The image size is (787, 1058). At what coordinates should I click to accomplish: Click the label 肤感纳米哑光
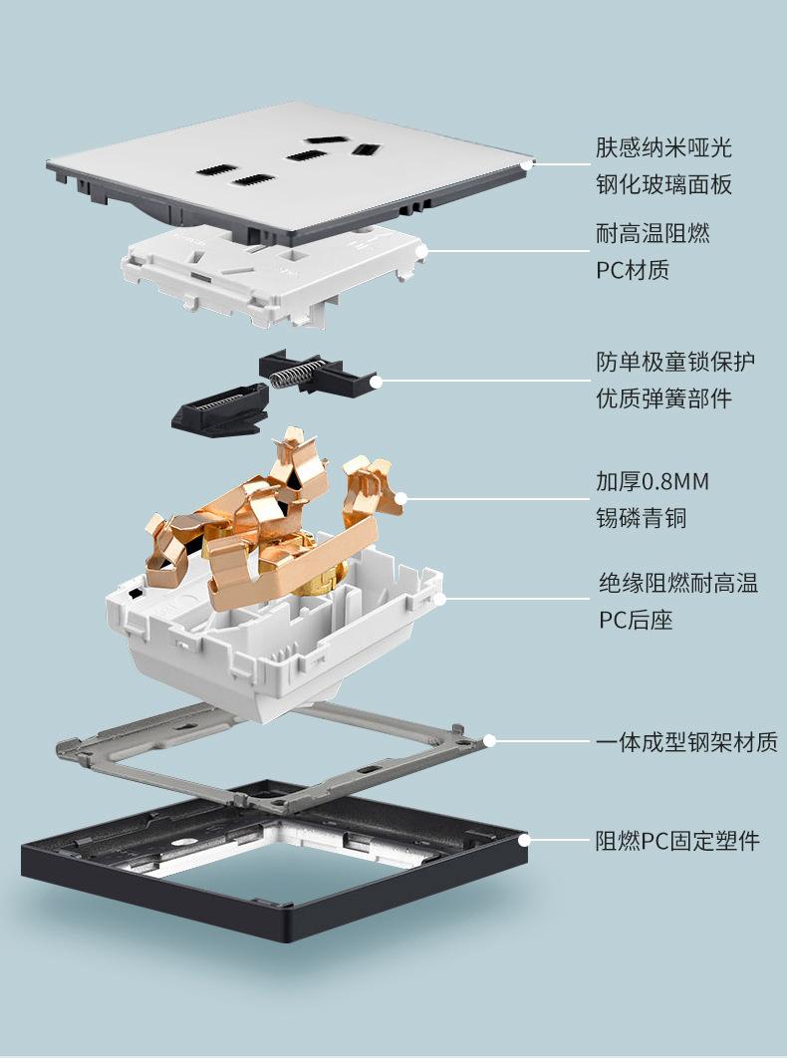point(663,147)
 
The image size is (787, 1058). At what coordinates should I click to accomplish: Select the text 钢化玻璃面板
point(663,184)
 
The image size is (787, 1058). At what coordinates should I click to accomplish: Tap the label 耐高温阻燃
point(652,233)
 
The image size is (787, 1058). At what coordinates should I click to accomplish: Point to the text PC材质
point(633,270)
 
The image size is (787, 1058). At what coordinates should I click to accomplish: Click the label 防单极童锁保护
point(675,362)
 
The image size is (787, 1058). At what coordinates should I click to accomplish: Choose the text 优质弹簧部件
point(663,398)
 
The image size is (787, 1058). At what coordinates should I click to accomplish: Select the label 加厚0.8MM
point(652,481)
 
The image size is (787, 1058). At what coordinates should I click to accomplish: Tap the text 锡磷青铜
point(641,518)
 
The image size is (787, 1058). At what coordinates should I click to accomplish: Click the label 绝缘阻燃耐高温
point(678,583)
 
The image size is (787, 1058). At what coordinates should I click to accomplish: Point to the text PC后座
point(636,620)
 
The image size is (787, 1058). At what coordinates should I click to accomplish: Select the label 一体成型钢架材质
point(686,741)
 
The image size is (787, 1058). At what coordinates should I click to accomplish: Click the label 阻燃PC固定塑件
point(677,841)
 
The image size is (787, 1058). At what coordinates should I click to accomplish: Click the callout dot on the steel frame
point(489,741)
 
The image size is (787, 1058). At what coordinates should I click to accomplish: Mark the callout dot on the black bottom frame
point(524,840)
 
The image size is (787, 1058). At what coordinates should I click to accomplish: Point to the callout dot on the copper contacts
point(400,499)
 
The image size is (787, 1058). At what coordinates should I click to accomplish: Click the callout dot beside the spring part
point(376,382)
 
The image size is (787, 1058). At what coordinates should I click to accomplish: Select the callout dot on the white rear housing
point(439,598)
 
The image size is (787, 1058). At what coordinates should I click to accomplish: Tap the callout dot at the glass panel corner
point(528,164)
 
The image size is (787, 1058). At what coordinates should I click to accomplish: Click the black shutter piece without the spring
point(219,408)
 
